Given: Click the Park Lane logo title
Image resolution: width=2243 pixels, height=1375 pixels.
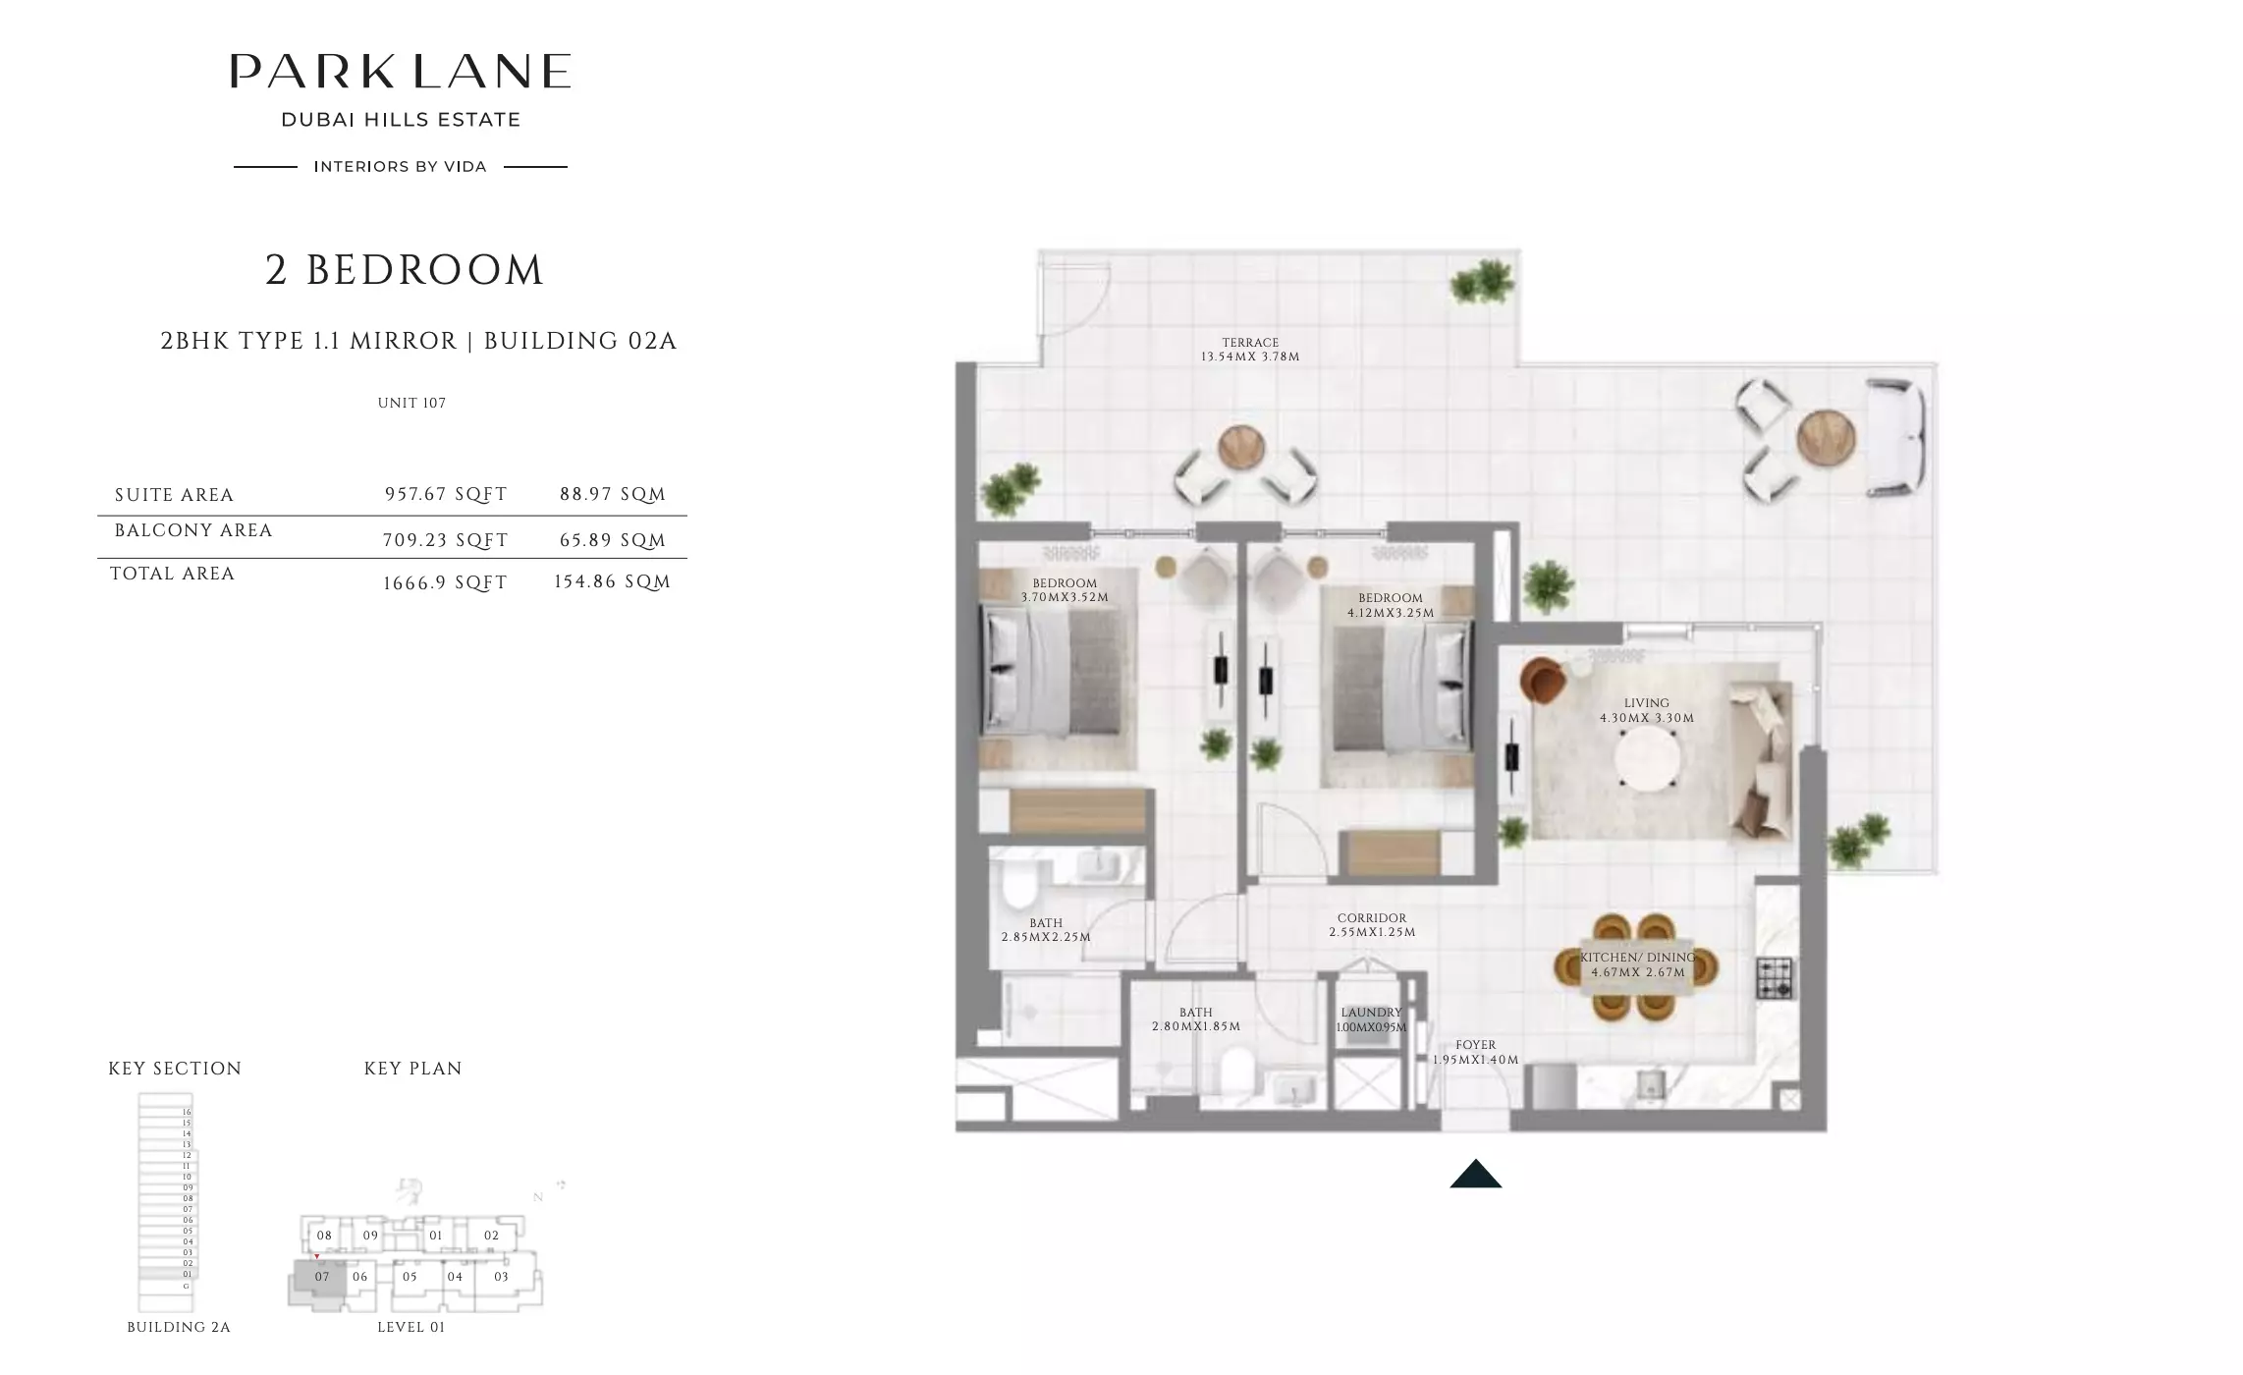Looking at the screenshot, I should pyautogui.click(x=401, y=72).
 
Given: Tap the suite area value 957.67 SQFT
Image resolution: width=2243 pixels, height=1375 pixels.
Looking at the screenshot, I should pyautogui.click(x=446, y=494).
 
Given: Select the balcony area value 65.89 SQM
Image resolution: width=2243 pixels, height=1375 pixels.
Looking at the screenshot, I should pyautogui.click(x=613, y=540).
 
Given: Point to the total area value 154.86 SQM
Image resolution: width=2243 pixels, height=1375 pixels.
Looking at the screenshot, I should pyautogui.click(x=612, y=581).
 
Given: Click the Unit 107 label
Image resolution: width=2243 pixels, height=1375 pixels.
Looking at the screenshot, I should pyautogui.click(x=411, y=403).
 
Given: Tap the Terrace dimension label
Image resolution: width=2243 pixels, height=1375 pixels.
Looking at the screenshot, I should pyautogui.click(x=1250, y=351).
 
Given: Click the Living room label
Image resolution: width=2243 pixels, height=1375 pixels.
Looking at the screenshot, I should pyautogui.click(x=1647, y=710).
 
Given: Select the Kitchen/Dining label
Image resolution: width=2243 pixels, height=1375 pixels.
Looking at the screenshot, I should pyautogui.click(x=1638, y=965).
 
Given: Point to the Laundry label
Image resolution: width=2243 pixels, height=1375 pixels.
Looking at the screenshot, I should pyautogui.click(x=1372, y=1019).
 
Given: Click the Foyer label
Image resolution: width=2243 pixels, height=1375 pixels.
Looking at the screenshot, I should pyautogui.click(x=1475, y=1052).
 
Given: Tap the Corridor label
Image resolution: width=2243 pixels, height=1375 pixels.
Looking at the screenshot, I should pyautogui.click(x=1372, y=925).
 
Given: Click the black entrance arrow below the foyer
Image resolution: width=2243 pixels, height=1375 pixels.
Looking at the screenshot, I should pyautogui.click(x=1475, y=1174).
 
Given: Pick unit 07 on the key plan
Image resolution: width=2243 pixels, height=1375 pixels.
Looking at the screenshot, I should pyautogui.click(x=321, y=1277).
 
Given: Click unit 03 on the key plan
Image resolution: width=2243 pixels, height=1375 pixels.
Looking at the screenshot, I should pyautogui.click(x=502, y=1277).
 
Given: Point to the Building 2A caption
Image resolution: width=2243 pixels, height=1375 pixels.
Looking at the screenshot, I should pyautogui.click(x=179, y=1327).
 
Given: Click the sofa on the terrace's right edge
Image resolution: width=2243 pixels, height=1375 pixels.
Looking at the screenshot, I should pyautogui.click(x=1894, y=437).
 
